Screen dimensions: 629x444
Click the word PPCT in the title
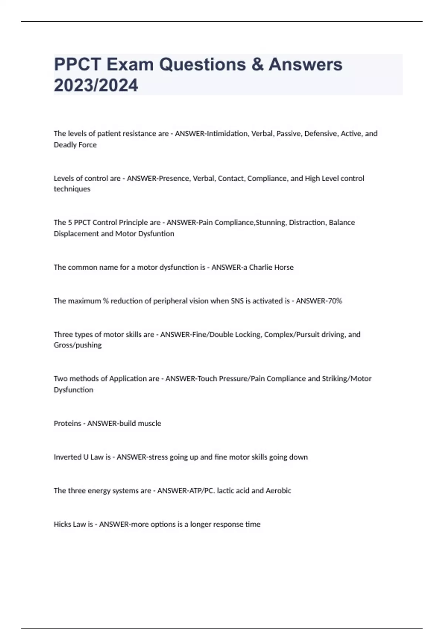(x=77, y=64)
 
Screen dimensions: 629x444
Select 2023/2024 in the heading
(x=96, y=85)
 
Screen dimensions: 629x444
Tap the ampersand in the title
(x=257, y=64)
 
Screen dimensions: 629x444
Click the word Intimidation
(x=228, y=134)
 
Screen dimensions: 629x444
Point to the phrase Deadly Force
(x=75, y=145)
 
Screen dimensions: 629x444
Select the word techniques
(x=72, y=189)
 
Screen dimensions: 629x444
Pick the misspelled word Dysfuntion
(x=156, y=233)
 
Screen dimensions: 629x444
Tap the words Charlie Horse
(x=271, y=267)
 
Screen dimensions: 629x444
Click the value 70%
(x=334, y=301)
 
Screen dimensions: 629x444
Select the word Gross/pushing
(x=78, y=345)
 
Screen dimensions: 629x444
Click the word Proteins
(x=67, y=423)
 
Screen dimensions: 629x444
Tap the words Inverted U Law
(x=78, y=457)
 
